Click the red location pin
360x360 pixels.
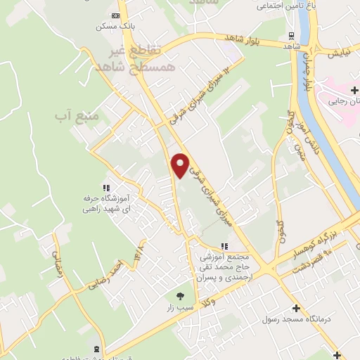tap(181, 165)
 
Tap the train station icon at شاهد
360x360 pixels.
tap(292, 36)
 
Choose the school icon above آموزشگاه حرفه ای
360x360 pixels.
tap(106, 188)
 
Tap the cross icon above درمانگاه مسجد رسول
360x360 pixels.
tap(296, 308)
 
